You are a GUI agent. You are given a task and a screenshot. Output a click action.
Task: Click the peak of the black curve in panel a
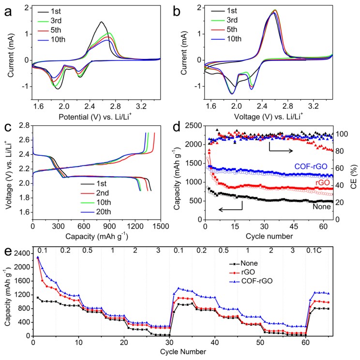(101, 22)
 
